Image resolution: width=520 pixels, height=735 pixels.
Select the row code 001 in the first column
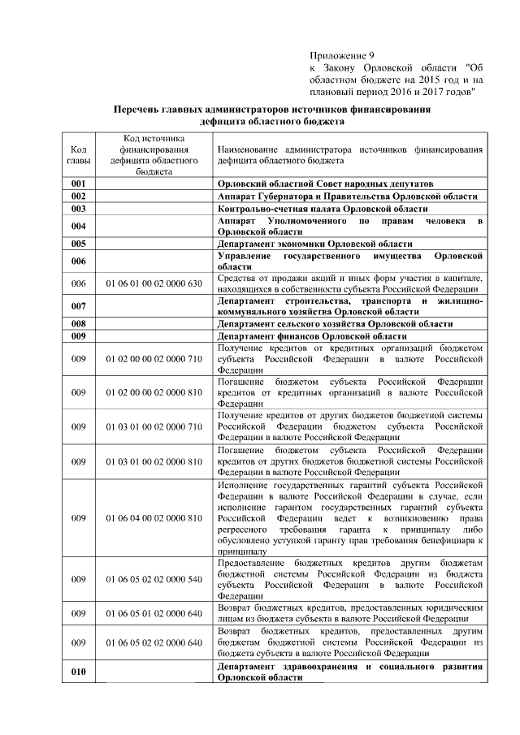pos(79,184)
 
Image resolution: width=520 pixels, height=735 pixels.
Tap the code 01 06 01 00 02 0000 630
pos(154,283)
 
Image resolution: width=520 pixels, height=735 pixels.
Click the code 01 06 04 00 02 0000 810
pos(154,517)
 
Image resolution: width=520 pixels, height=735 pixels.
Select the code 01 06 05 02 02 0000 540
pos(154,579)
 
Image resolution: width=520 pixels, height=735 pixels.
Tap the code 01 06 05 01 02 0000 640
pos(154,613)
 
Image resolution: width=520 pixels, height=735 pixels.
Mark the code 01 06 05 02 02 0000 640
pos(154,642)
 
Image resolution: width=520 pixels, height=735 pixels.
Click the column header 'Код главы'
pos(79,154)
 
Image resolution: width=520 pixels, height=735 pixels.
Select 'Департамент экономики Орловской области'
pos(315,243)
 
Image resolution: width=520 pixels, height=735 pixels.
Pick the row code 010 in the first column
pos(79,672)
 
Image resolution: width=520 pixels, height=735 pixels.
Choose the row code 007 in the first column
pos(79,306)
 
